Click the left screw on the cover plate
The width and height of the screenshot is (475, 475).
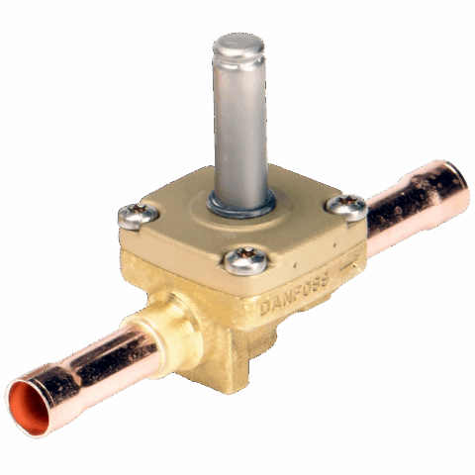coord(139,215)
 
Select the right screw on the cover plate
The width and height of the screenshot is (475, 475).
coord(347,207)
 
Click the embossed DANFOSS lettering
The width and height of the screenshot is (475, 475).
coord(295,294)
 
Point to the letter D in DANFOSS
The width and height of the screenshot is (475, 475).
coord(265,309)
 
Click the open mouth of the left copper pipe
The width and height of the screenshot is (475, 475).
coord(30,407)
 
